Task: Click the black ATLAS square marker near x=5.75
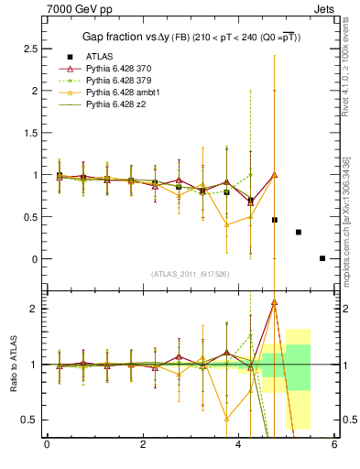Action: pyautogui.click(x=322, y=258)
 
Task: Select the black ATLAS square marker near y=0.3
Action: pyautogui.click(x=299, y=232)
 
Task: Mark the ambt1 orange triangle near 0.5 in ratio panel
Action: pyautogui.click(x=226, y=419)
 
